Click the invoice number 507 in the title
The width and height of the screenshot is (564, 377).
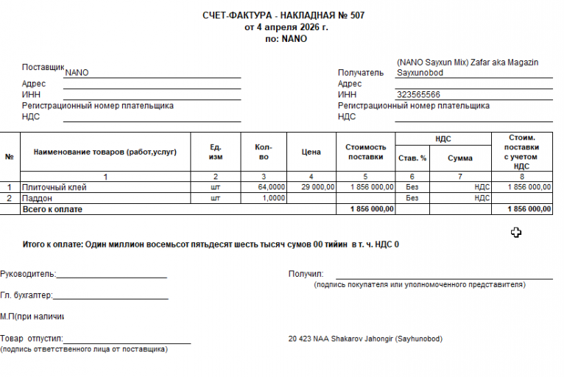coord(356,15)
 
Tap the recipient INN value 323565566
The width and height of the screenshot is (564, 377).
coord(418,95)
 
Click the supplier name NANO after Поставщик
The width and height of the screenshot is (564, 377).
coord(77,74)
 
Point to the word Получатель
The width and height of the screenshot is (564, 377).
coord(361,73)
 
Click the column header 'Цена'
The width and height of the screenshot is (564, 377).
coord(311,152)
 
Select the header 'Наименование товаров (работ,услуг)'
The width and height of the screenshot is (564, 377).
coord(105,152)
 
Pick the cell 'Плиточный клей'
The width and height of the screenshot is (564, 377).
coord(54,188)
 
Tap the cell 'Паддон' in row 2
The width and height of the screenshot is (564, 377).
coord(38,198)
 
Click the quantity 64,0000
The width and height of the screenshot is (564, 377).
coord(271,188)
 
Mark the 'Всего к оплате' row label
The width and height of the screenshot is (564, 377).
coord(52,209)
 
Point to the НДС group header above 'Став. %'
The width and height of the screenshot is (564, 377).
coord(443,138)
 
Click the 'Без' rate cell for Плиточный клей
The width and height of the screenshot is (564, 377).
coord(412,188)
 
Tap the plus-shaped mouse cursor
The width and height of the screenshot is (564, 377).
coord(516,233)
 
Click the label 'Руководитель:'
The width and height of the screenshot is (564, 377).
coord(28,274)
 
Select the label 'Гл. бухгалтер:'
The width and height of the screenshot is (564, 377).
coord(27,295)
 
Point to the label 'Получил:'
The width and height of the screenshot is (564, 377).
coord(306,274)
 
